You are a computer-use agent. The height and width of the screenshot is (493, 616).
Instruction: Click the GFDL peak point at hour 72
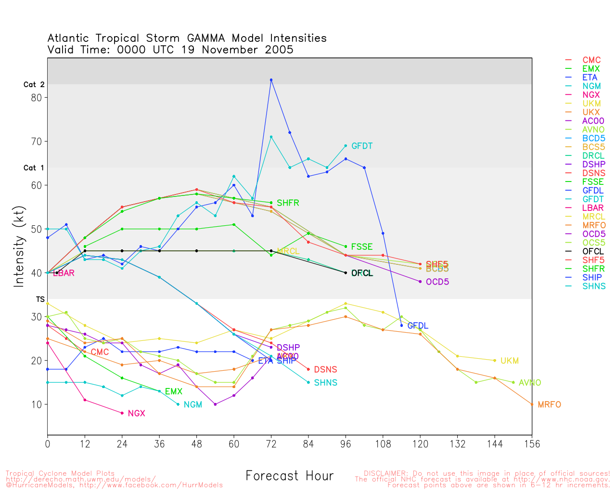click(x=271, y=80)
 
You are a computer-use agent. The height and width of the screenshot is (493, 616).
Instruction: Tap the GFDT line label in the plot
click(x=362, y=146)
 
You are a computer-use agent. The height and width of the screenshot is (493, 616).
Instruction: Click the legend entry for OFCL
click(x=593, y=251)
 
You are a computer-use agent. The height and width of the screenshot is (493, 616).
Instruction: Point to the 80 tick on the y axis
click(x=37, y=97)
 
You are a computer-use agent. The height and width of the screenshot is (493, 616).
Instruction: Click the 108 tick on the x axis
click(x=383, y=444)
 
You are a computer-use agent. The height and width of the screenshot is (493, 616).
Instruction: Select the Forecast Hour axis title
click(x=289, y=476)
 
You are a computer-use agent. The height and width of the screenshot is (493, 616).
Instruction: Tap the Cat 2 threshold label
click(x=34, y=85)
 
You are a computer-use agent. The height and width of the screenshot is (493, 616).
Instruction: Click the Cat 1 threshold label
click(x=34, y=168)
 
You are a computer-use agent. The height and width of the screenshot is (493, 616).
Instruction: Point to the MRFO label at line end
click(x=549, y=405)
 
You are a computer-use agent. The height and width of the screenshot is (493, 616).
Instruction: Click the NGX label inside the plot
click(x=136, y=414)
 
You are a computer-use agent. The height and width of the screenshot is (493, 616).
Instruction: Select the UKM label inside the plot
click(x=510, y=361)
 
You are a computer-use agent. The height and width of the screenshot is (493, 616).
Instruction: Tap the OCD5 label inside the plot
click(x=437, y=282)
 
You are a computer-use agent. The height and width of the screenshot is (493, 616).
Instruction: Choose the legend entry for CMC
click(x=591, y=60)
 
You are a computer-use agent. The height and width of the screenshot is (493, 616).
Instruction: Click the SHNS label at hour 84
click(x=325, y=383)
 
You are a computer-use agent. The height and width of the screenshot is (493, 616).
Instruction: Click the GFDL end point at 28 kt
click(x=401, y=325)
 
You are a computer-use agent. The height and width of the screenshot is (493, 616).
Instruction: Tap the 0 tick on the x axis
click(x=48, y=444)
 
